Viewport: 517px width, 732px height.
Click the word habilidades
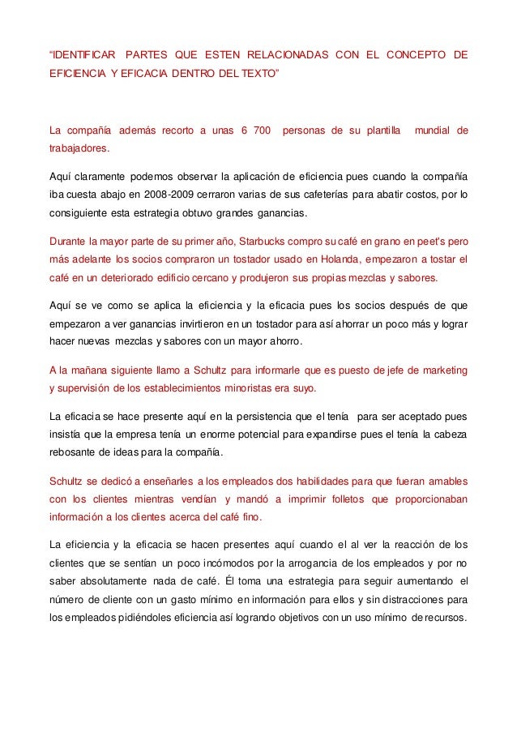point(317,480)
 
